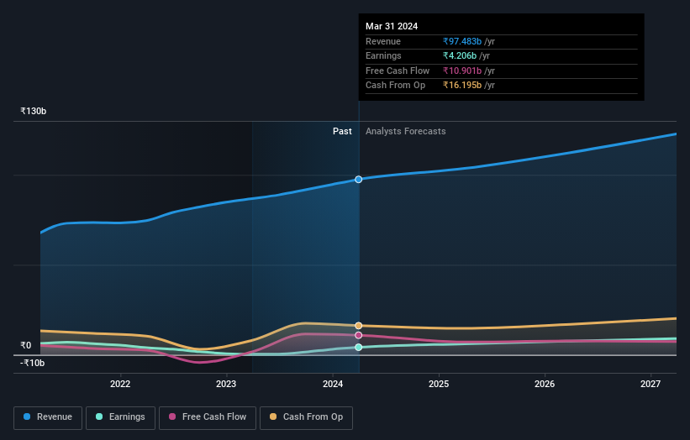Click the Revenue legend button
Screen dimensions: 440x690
click(48, 417)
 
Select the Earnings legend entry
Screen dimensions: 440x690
click(119, 417)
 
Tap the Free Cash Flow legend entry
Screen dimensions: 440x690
click(207, 417)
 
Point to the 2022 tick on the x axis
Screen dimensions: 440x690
click(120, 384)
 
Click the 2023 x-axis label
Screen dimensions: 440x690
click(226, 384)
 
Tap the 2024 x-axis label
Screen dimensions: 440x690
click(332, 384)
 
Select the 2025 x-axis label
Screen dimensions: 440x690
click(438, 384)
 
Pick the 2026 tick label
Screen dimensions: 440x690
click(544, 384)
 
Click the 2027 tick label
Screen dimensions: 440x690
click(650, 384)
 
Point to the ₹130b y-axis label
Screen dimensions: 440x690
click(34, 111)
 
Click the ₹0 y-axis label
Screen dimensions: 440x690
click(26, 345)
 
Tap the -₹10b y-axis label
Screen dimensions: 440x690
click(33, 363)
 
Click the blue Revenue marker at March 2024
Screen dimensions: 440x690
click(359, 180)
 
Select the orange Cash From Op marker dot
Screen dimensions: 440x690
click(359, 326)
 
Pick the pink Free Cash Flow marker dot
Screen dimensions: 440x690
click(359, 335)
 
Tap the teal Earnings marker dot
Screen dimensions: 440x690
click(359, 347)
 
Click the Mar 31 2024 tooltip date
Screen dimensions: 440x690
click(392, 26)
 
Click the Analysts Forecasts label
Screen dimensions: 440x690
click(405, 131)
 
